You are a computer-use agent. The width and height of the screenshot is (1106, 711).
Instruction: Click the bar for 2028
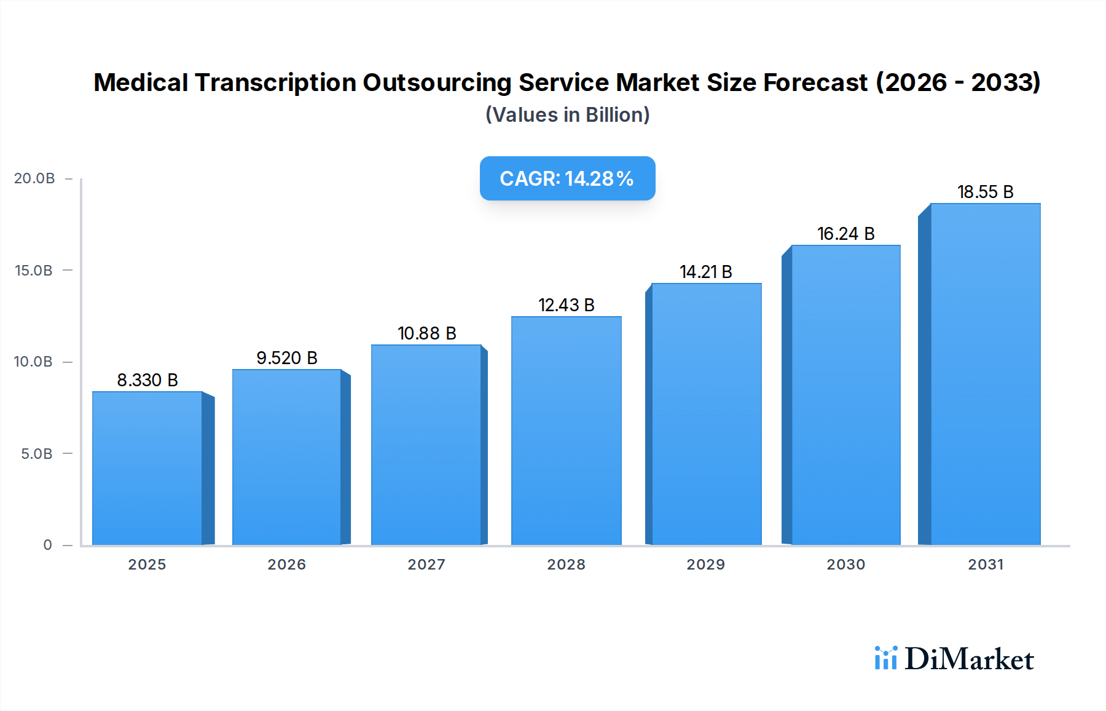(x=566, y=431)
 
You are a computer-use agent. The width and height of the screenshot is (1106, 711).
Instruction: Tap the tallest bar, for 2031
(x=985, y=374)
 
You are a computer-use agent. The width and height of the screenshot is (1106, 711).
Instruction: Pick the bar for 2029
(x=706, y=414)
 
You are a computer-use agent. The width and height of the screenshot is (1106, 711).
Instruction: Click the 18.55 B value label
(x=985, y=192)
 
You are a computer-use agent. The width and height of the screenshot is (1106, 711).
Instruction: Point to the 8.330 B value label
(x=147, y=380)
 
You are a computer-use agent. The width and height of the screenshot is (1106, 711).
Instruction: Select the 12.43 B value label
(x=566, y=305)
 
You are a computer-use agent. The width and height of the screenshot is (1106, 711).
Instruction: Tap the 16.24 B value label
(x=845, y=234)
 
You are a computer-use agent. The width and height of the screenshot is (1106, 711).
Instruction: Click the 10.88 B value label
(x=426, y=333)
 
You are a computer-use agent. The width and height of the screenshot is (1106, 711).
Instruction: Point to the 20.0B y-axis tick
(x=34, y=178)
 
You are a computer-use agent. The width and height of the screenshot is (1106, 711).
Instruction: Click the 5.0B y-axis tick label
(x=37, y=454)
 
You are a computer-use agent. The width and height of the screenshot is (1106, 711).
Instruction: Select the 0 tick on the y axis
(x=47, y=545)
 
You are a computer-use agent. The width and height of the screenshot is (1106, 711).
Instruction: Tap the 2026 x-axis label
(x=286, y=565)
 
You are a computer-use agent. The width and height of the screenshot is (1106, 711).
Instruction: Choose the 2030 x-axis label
(x=845, y=565)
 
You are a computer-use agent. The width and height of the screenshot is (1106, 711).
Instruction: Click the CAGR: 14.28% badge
(x=567, y=178)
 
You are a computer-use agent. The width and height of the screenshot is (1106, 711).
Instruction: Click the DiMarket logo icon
(x=885, y=658)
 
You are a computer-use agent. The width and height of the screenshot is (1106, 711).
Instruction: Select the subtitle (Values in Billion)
(x=567, y=115)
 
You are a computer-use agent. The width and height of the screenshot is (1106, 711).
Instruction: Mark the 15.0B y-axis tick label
(x=34, y=271)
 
